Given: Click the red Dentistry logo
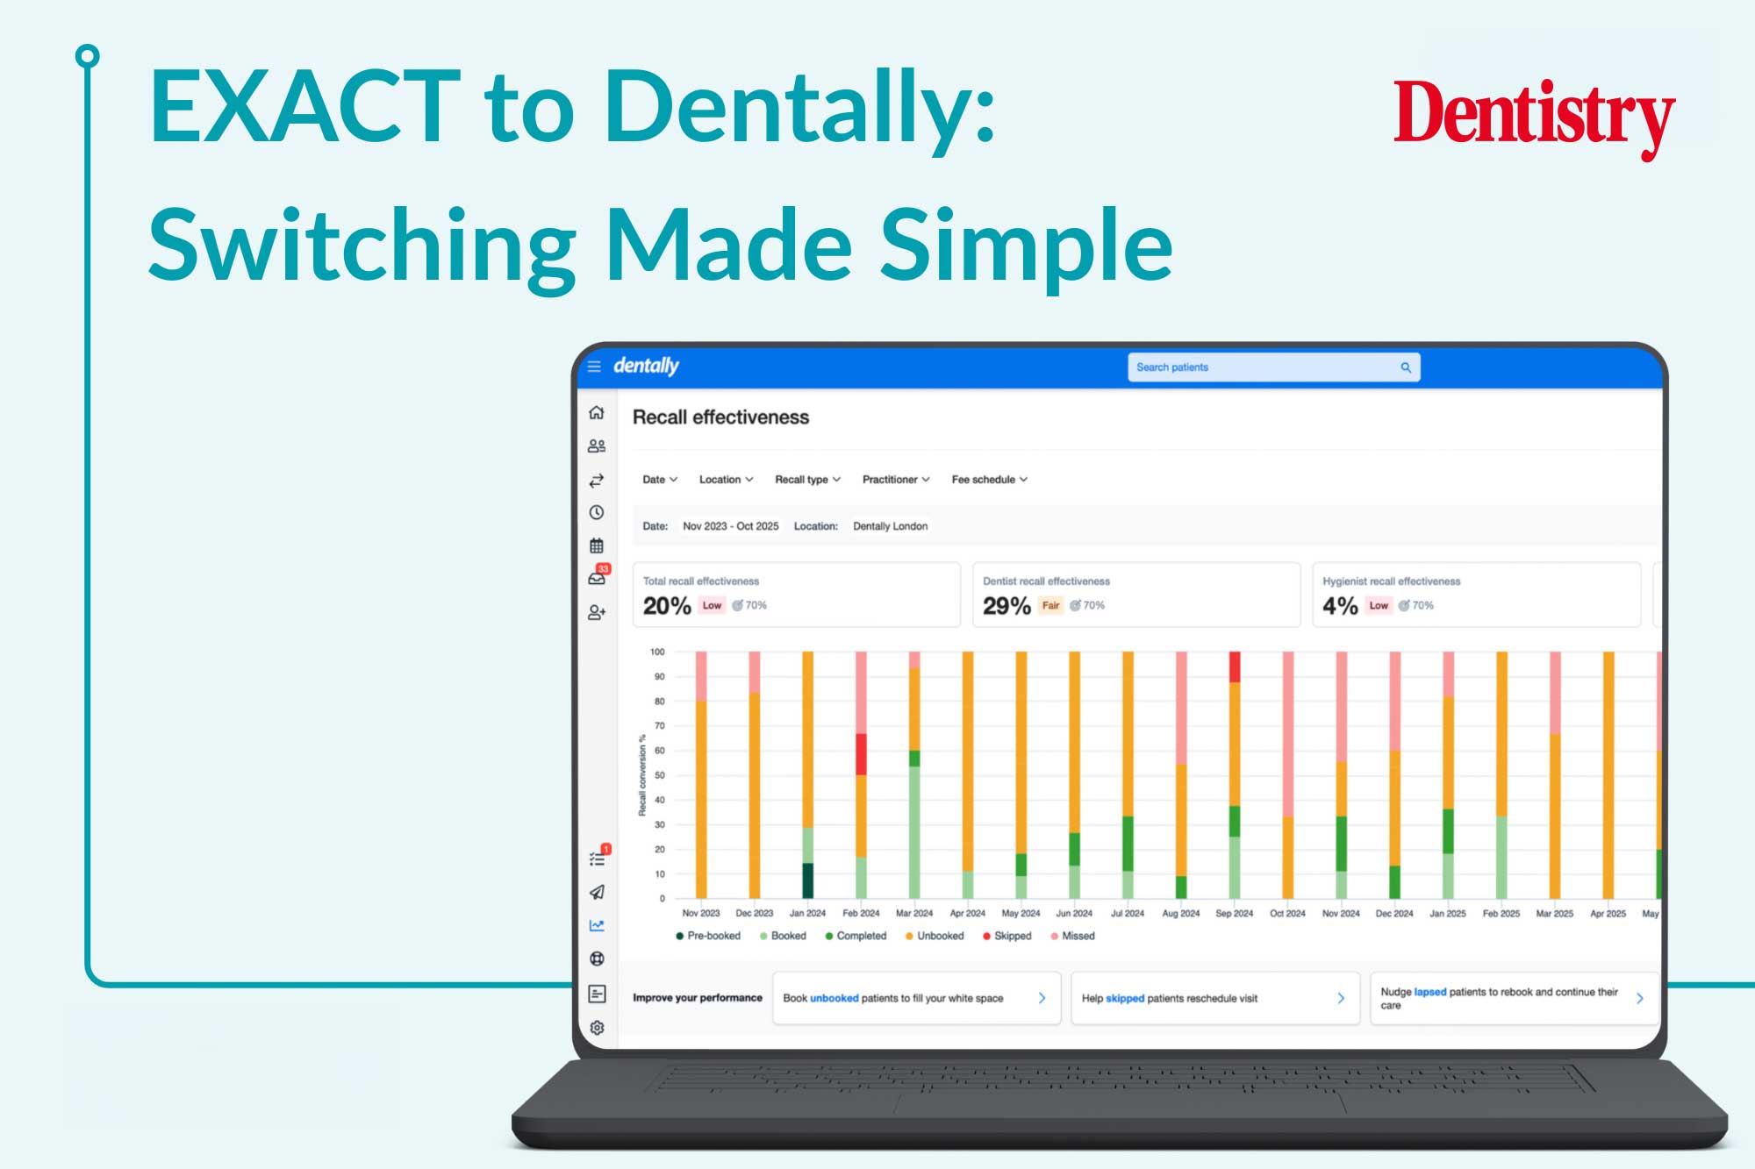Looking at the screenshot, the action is pos(1534,117).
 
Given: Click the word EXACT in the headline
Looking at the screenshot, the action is pos(304,106).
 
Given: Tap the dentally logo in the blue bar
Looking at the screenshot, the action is pos(646,366).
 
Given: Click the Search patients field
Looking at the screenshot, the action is pos(1273,367).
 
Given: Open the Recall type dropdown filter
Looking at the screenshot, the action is pos(807,480).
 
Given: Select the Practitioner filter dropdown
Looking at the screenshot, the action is pos(896,480).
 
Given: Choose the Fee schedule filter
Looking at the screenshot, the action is pos(989,480).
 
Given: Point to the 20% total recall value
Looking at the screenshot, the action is pos(667,606).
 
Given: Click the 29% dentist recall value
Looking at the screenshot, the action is pos(1006,606).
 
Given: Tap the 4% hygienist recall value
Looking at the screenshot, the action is pos(1340,606).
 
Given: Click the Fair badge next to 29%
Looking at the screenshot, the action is pos(1050,605).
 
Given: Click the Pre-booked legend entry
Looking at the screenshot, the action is pos(708,936).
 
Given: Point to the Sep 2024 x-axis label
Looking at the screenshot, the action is pos(1234,913).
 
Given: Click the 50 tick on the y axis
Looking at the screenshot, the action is pos(659,775).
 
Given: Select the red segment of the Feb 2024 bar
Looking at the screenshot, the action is pos(861,754).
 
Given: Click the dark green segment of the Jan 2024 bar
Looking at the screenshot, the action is pos(807,880).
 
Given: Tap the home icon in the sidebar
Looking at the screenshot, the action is pos(597,412).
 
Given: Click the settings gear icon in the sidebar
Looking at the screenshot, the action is pos(597,1027).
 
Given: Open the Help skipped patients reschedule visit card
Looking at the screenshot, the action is pos(1214,998).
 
